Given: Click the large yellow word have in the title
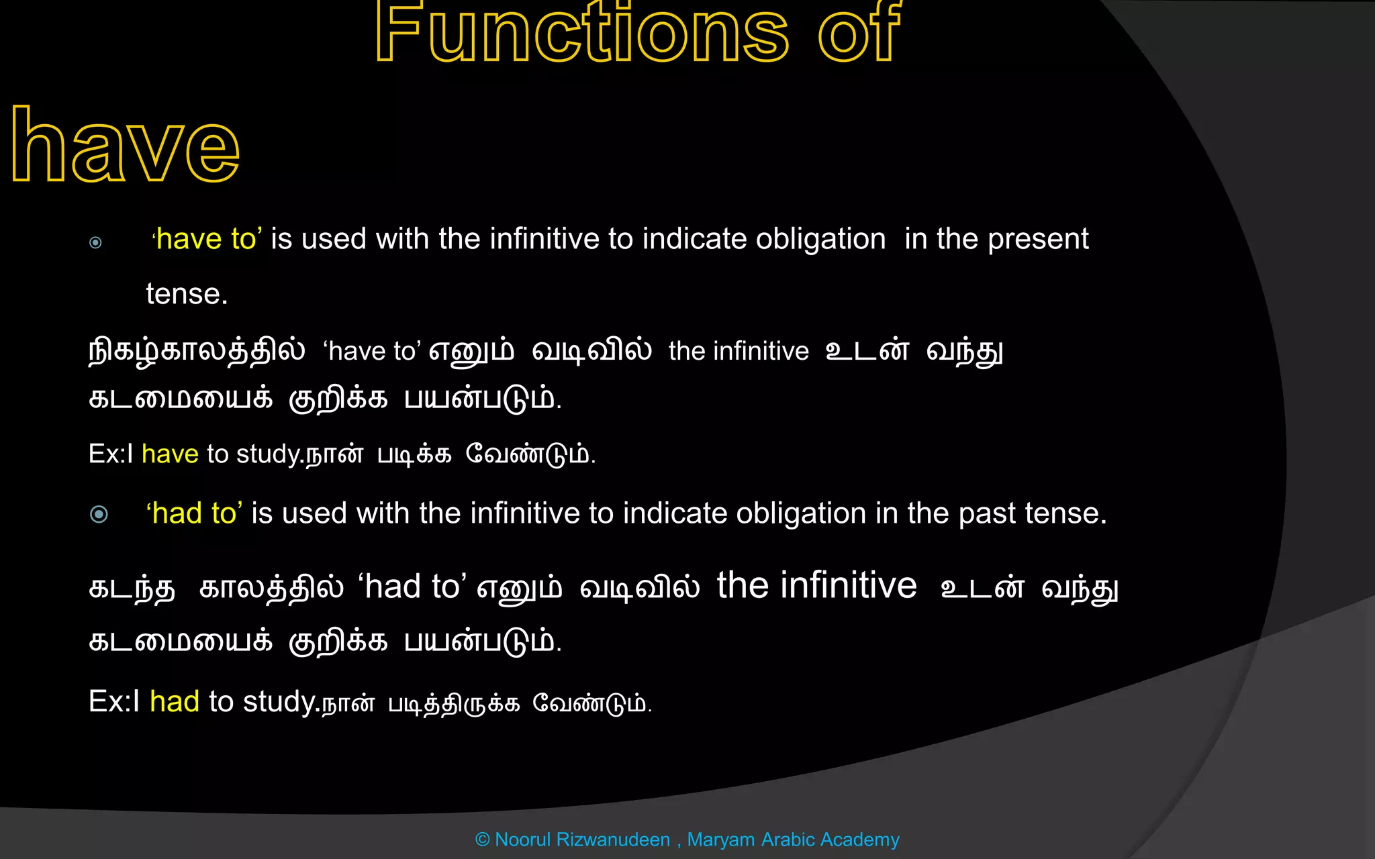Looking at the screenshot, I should (126, 146).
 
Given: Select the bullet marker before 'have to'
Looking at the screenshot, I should (95, 242).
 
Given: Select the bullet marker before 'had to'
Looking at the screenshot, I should (99, 514).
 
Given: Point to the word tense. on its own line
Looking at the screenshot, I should (187, 294).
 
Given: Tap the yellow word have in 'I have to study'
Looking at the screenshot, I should (170, 454).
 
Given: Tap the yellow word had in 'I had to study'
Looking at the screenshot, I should (175, 702).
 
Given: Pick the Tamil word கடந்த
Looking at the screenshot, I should (132, 589).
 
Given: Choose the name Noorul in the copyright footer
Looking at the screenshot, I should (523, 840).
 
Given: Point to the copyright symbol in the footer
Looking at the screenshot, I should (482, 840).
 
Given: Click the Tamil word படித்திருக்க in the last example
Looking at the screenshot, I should (454, 704).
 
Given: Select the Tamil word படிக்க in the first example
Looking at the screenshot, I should (414, 455).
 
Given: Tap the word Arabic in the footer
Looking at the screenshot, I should (788, 840).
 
